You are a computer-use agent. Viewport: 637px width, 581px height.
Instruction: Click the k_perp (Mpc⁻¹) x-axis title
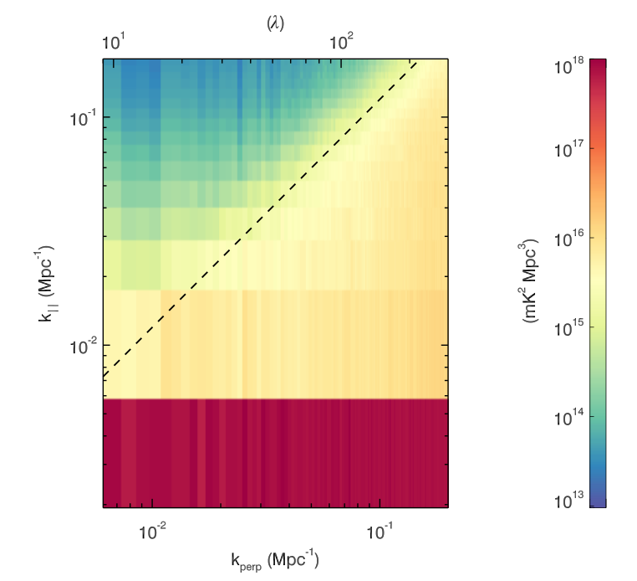[x=275, y=558]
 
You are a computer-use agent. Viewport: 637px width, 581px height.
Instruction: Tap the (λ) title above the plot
[x=275, y=23]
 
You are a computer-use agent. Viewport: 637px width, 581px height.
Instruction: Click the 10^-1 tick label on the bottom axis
[x=380, y=529]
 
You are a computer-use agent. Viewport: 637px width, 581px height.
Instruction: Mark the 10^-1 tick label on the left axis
[x=84, y=118]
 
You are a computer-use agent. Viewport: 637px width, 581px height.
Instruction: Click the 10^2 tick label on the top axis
[x=343, y=42]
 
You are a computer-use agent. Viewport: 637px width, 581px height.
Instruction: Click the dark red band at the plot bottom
[x=275, y=453]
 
